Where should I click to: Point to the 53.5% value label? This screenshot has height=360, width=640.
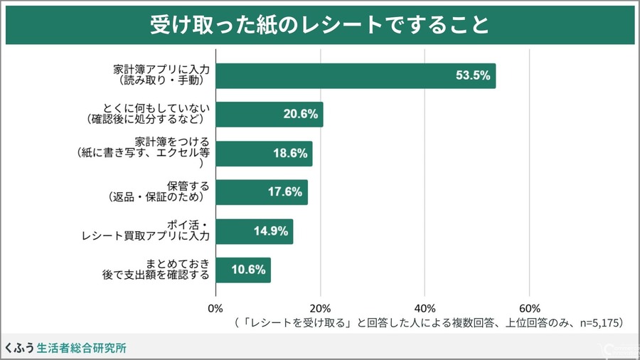473,75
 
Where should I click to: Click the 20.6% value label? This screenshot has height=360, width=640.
300,115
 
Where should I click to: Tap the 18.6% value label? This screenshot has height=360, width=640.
290,154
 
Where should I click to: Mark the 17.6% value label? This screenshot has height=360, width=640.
285,192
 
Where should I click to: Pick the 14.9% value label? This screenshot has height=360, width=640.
270,231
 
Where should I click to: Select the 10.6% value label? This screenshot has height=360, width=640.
248,270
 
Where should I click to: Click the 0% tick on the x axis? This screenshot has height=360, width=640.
215,309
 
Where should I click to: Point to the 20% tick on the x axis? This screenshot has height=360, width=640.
320,309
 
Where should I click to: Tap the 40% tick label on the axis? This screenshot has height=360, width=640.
425,309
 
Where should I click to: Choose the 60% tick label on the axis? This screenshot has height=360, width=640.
529,309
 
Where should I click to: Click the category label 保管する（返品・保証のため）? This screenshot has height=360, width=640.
159,192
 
